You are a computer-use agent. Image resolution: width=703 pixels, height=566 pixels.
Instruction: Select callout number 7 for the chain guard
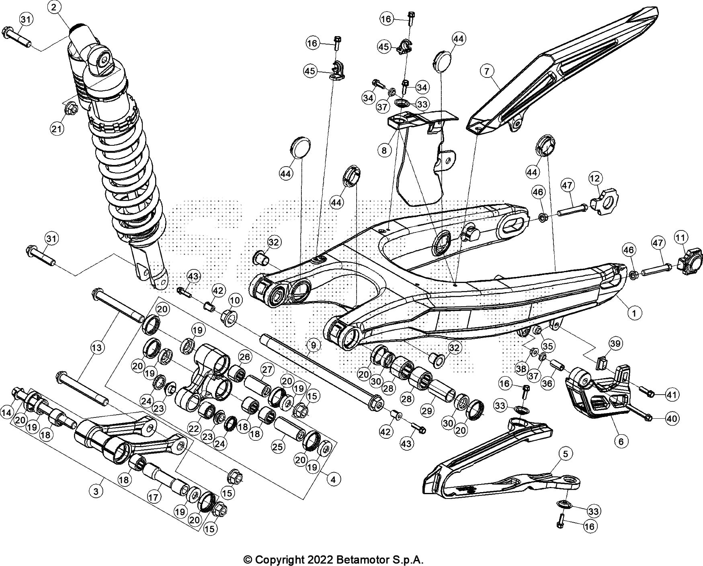(487, 72)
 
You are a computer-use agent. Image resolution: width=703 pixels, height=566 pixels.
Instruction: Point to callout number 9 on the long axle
(313, 344)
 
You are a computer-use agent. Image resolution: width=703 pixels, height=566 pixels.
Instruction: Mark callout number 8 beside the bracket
(385, 150)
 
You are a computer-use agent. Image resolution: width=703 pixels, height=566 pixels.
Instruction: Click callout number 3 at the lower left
(96, 492)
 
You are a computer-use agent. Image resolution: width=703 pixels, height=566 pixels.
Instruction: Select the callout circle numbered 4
(333, 479)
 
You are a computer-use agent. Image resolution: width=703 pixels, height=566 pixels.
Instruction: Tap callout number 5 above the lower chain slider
(565, 454)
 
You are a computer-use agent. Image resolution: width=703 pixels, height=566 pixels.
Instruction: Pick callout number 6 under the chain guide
(621, 441)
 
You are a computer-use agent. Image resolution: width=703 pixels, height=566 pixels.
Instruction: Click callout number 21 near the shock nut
(57, 128)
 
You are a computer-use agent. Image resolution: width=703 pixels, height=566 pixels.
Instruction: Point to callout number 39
(615, 344)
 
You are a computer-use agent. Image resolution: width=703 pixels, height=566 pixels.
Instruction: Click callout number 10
(236, 300)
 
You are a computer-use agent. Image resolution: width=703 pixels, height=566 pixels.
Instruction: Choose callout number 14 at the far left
(6, 413)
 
